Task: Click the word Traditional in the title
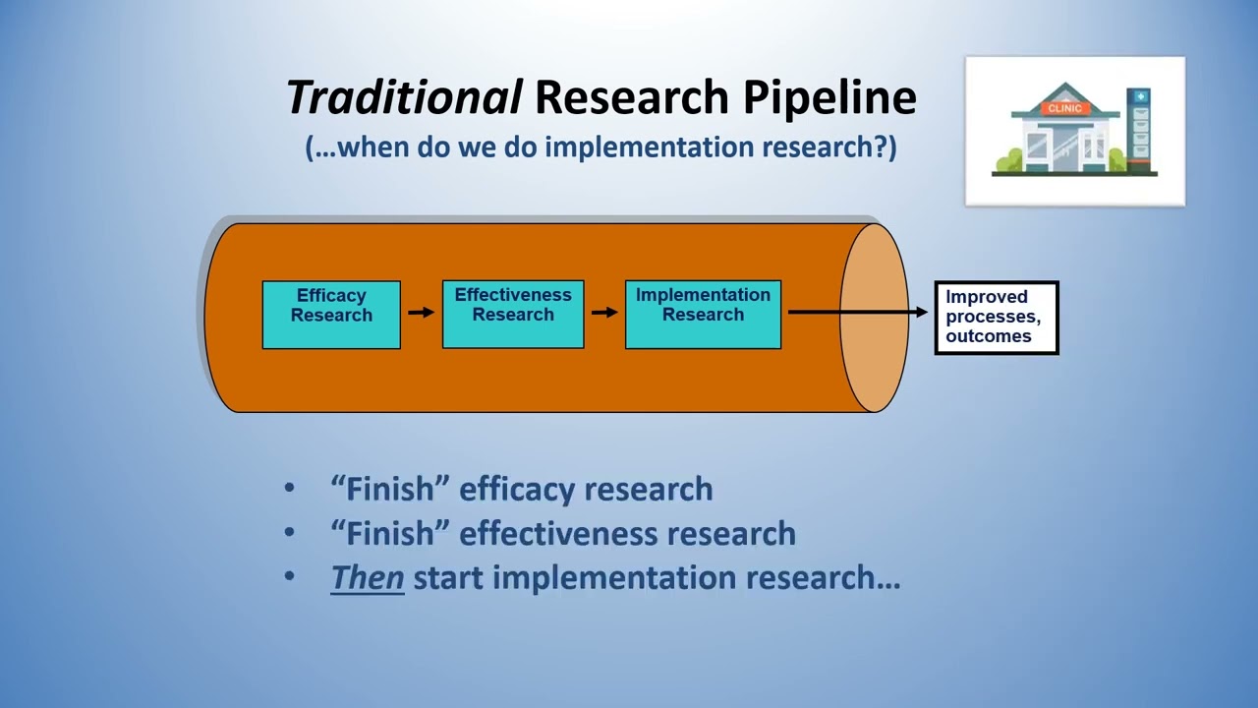tap(404, 97)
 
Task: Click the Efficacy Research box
tap(331, 315)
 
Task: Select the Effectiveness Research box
tap(513, 315)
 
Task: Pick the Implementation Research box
tap(704, 315)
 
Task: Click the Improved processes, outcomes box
tap(997, 318)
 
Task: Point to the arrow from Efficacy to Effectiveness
tap(421, 313)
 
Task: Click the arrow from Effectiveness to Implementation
tap(604, 313)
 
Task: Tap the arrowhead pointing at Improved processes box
tap(921, 313)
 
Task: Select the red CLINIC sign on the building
tap(1064, 108)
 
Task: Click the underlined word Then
tap(368, 577)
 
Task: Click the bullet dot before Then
tap(289, 576)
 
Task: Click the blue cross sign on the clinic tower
tap(1140, 97)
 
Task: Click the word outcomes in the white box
tap(988, 336)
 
